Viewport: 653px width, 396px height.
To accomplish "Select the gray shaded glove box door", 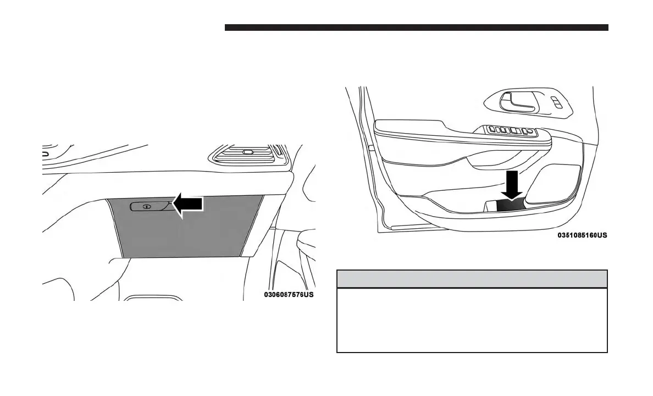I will click(181, 231).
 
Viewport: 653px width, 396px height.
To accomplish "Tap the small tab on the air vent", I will click(247, 152).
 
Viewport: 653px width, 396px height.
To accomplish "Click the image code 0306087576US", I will click(289, 295).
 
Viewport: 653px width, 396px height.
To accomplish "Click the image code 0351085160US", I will click(582, 235).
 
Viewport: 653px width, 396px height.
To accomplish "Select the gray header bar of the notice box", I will click(472, 278).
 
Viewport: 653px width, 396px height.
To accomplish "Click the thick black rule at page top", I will click(416, 28).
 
